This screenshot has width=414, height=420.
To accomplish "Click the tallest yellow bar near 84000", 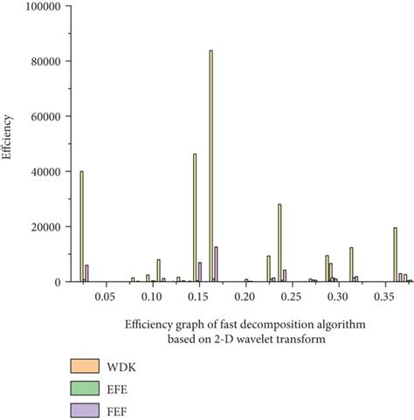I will click(211, 166).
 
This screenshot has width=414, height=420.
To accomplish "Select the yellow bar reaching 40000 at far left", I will click(81, 226).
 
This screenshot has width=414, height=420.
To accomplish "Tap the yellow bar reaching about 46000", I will click(195, 217).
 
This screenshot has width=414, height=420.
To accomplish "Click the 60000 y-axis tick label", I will click(45, 116).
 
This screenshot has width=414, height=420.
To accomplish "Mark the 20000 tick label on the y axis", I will click(45, 226).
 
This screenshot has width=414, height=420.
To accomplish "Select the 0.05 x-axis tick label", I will click(104, 297).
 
